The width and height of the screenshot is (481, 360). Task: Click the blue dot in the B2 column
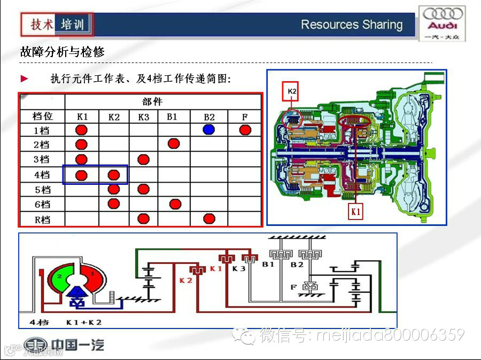209,129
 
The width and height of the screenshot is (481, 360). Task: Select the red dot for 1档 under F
245,130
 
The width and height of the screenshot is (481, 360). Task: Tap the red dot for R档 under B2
209,218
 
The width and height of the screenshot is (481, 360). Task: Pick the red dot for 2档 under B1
173,144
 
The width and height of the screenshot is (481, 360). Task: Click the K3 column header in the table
143,116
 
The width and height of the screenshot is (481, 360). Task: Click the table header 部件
152,101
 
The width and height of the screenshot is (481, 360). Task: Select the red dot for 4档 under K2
114,175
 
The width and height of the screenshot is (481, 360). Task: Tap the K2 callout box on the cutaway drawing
292,91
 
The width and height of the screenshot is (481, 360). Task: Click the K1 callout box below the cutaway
356,212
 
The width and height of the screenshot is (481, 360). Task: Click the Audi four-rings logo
441,14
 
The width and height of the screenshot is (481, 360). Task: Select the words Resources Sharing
351,25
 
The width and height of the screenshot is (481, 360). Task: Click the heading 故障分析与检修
62,52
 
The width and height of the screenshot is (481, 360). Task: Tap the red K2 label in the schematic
185,280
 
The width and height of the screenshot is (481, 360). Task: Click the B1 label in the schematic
268,264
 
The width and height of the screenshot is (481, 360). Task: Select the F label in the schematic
293,287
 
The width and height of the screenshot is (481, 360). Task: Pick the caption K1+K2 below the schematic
84,322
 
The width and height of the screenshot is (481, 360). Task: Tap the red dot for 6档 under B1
173,204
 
